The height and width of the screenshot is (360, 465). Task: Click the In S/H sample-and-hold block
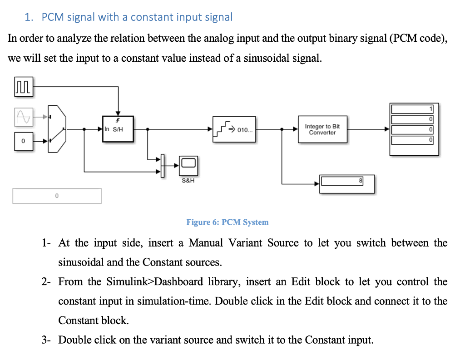118,129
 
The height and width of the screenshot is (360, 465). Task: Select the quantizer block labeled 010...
234,129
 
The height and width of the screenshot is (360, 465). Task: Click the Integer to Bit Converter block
322,129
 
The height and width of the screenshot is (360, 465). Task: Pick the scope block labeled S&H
188,166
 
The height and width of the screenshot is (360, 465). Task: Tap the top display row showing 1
413,109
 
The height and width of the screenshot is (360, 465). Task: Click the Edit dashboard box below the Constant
57,196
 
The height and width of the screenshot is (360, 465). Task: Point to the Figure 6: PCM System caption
228,222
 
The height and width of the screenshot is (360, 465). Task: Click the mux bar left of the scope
161,165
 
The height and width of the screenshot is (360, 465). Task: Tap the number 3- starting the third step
47,340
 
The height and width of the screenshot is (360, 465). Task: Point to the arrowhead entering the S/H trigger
118,113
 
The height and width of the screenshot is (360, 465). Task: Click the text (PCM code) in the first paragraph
418,38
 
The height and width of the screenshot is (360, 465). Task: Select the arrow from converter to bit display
368,129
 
